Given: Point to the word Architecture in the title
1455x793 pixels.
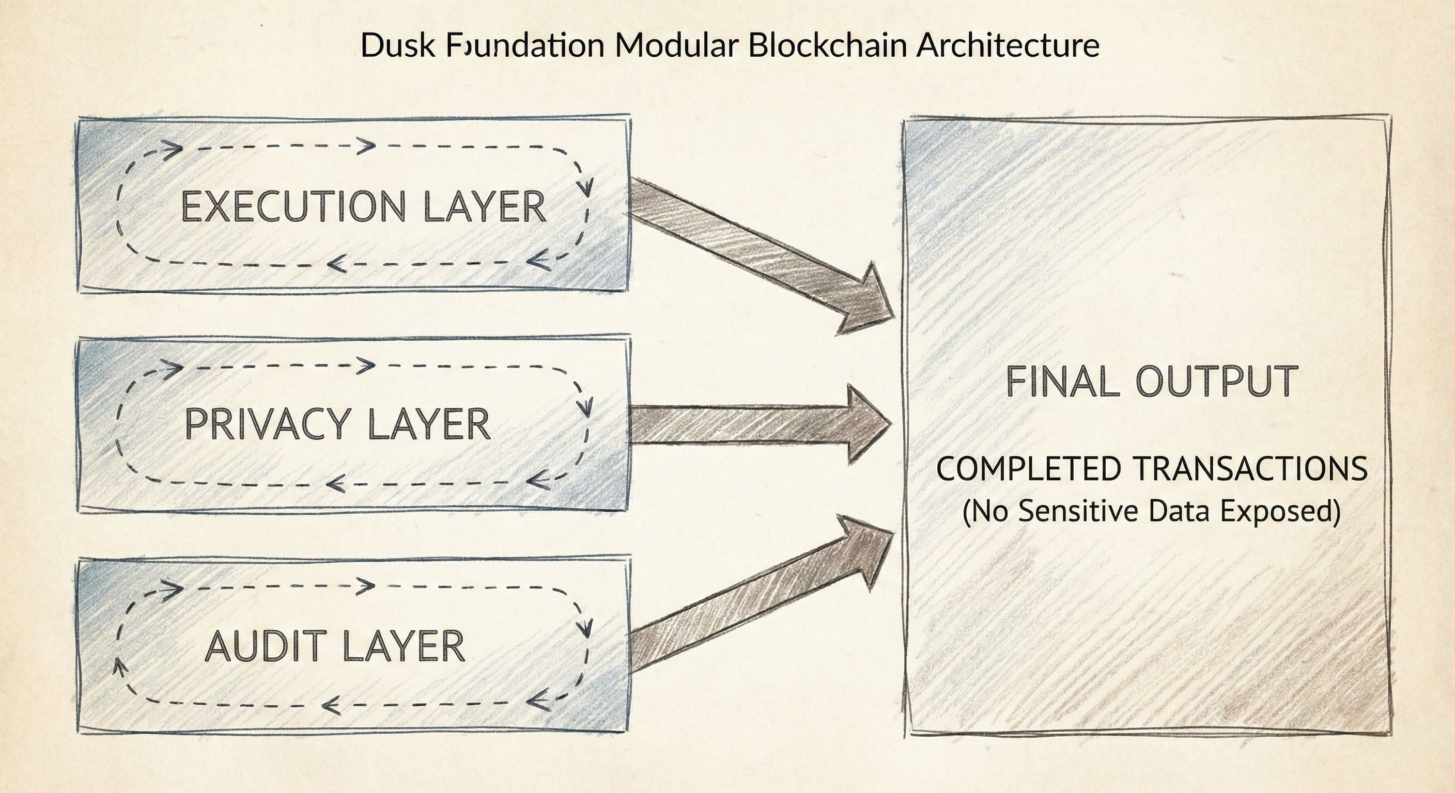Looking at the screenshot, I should click(x=1008, y=45).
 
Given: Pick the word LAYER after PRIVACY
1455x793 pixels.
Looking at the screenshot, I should click(x=429, y=424).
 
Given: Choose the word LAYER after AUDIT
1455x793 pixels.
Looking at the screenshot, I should click(x=404, y=646).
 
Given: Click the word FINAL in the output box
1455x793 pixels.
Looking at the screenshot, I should click(x=1062, y=382).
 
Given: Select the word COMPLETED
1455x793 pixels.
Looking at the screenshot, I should click(x=1029, y=468).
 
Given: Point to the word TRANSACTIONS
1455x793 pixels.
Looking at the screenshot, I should click(x=1250, y=468).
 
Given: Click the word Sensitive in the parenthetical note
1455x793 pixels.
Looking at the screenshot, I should click(x=1078, y=511).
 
